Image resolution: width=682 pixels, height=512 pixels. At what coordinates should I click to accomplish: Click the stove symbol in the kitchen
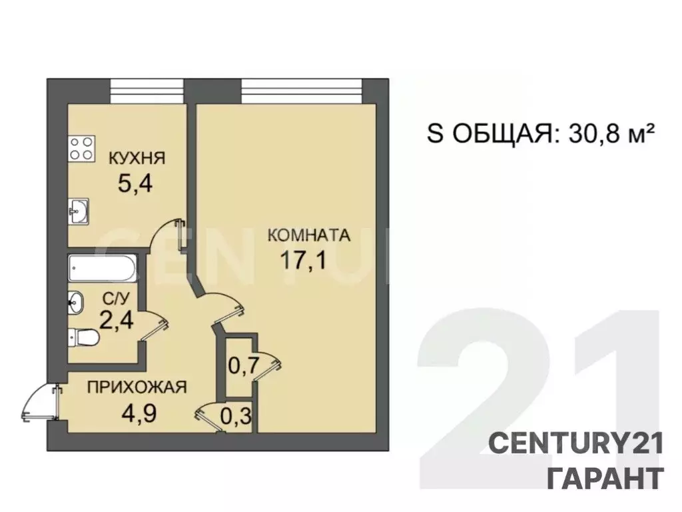click(x=82, y=149)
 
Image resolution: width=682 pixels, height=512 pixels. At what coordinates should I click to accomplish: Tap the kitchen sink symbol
click(x=79, y=211)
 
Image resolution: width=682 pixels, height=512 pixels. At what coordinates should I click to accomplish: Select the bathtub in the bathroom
click(x=103, y=269)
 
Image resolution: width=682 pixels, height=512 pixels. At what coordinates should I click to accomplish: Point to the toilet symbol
click(x=83, y=337)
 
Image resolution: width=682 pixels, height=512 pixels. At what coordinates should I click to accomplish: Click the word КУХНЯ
click(x=137, y=157)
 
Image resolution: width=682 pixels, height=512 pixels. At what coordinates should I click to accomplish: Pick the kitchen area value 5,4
click(x=135, y=183)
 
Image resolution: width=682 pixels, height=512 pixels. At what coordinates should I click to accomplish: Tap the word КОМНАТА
click(x=309, y=235)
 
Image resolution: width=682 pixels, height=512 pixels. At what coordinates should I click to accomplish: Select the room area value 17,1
click(x=304, y=261)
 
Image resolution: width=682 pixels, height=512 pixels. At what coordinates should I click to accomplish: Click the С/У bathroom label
click(x=116, y=299)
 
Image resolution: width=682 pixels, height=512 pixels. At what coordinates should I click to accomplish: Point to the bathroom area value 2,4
click(x=116, y=321)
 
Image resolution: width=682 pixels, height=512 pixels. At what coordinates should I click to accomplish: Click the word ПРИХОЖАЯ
click(x=137, y=387)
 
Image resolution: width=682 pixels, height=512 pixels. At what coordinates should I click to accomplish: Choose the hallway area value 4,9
click(x=139, y=413)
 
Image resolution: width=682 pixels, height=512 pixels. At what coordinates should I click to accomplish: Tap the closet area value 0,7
click(x=244, y=366)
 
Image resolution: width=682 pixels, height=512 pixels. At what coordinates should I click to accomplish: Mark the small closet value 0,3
click(x=236, y=417)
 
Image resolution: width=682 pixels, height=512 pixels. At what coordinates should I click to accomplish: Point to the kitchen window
click(x=147, y=91)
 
